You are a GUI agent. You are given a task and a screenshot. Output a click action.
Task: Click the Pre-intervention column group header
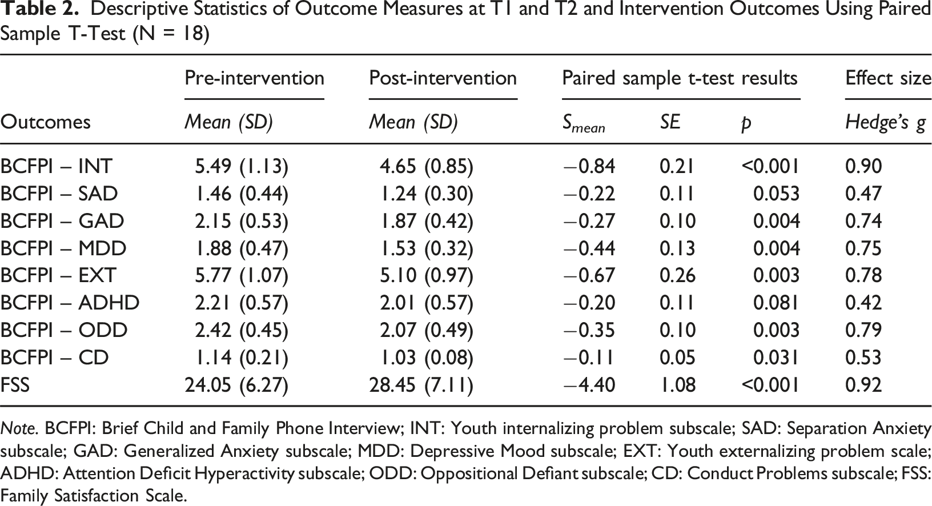(x=254, y=78)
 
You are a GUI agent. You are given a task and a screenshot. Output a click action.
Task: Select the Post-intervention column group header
(x=443, y=78)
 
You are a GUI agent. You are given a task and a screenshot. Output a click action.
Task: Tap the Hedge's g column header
(x=885, y=123)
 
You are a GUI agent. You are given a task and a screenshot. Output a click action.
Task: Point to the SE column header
(x=670, y=122)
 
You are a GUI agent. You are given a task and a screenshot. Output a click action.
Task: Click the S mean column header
(x=584, y=123)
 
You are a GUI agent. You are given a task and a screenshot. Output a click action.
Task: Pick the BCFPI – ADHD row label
(x=70, y=303)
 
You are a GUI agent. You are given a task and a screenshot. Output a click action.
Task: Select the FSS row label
(x=15, y=385)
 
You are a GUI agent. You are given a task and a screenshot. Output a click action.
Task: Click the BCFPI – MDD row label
(x=63, y=248)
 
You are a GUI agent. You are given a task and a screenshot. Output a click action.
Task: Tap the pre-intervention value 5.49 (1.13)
(x=242, y=166)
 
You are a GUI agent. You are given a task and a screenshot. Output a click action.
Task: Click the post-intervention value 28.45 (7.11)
(x=421, y=385)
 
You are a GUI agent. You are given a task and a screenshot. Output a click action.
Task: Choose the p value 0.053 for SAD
(x=777, y=194)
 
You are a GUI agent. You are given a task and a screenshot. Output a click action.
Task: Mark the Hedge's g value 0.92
(x=863, y=385)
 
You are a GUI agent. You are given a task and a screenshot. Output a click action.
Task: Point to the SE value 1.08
(x=677, y=385)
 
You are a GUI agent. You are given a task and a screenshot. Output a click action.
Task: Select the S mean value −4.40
(x=589, y=385)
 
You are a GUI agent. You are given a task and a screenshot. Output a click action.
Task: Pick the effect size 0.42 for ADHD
(x=863, y=303)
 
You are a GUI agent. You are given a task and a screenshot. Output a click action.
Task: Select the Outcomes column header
(x=45, y=122)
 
